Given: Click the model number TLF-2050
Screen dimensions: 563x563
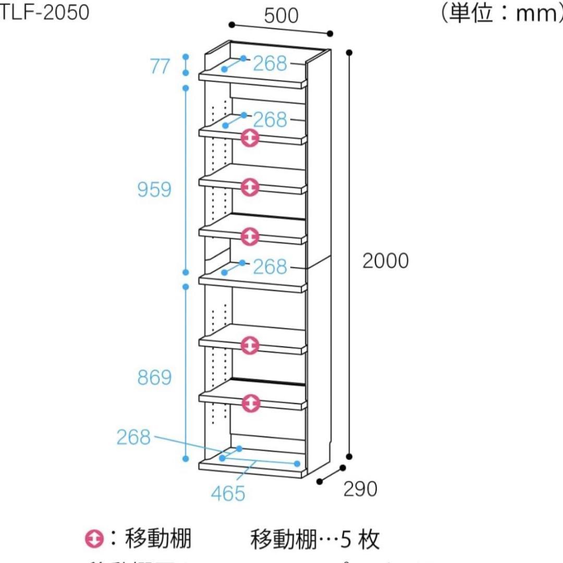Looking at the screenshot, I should [44, 13].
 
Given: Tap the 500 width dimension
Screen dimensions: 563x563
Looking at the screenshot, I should [281, 16].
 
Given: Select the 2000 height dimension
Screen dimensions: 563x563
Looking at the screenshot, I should [385, 261].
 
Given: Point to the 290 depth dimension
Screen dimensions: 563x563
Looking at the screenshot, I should [360, 488].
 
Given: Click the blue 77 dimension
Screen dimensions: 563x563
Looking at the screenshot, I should [160, 66].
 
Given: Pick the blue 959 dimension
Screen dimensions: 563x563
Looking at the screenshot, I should [154, 190].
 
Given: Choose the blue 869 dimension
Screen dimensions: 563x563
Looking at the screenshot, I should [154, 377].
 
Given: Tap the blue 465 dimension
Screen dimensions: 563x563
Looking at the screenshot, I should [228, 493].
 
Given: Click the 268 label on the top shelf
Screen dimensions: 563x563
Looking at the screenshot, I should [270, 64].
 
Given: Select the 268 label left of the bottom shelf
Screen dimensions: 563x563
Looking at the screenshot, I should [133, 437].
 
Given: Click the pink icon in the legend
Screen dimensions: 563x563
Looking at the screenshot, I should [94, 538].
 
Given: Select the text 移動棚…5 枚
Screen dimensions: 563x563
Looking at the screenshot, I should [315, 539].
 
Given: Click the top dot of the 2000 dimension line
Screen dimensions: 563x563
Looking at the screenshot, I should [349, 52].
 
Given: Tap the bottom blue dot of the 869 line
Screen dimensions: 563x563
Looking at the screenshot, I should [185, 458].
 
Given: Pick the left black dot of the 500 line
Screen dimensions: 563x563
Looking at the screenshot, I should [231, 25].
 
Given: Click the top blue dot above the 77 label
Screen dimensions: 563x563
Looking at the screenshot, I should [185, 56].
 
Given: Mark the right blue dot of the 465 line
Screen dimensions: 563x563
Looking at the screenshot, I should [297, 463].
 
